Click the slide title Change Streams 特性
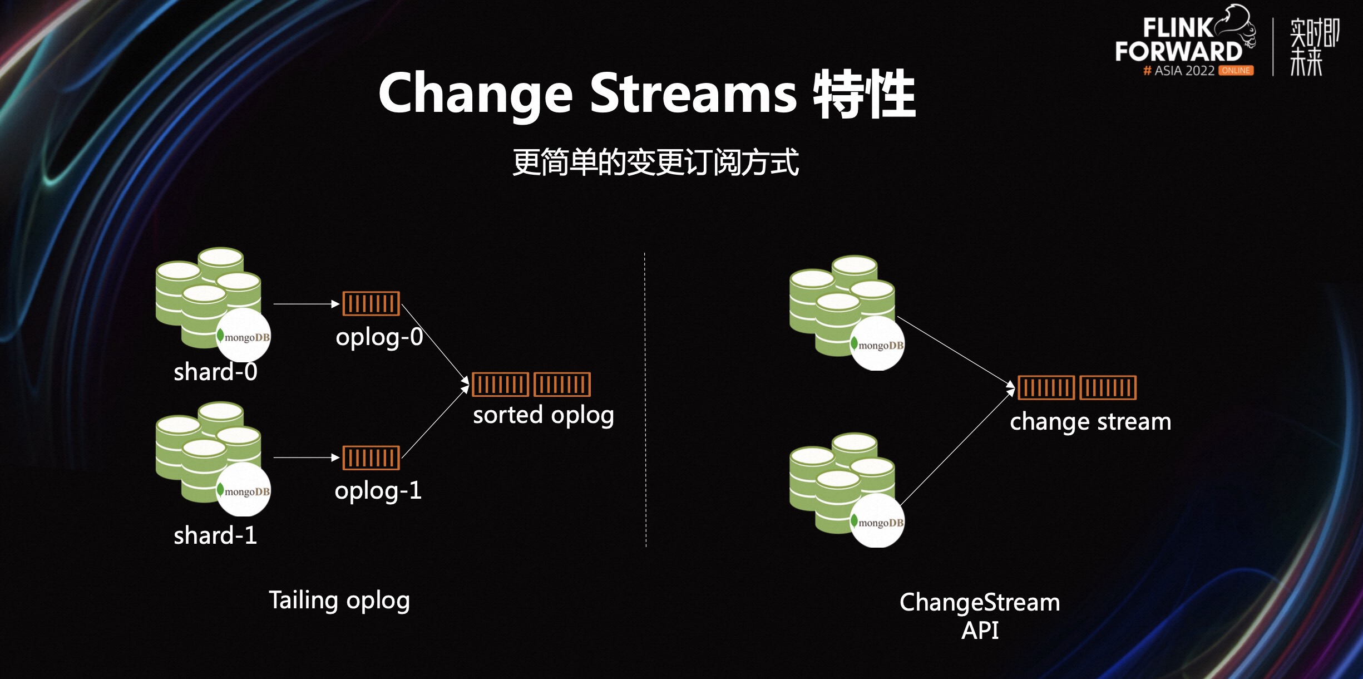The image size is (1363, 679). point(646,95)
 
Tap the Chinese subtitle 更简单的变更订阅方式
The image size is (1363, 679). point(655,163)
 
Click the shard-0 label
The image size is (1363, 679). point(215,372)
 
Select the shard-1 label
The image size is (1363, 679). point(215,535)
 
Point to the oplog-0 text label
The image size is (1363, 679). point(379,337)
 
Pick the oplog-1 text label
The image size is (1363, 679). point(378,491)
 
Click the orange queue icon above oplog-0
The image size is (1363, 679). point(371,304)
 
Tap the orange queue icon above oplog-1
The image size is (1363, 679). point(371,458)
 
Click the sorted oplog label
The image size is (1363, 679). point(544,415)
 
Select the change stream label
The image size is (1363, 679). point(1090,422)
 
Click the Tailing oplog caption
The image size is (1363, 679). point(339,601)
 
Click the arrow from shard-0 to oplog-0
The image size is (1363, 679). point(306,304)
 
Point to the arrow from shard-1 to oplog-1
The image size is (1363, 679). point(306,457)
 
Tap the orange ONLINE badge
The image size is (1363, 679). point(1236,71)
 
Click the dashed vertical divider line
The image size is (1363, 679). point(645,401)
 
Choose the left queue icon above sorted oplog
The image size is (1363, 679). point(500,385)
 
